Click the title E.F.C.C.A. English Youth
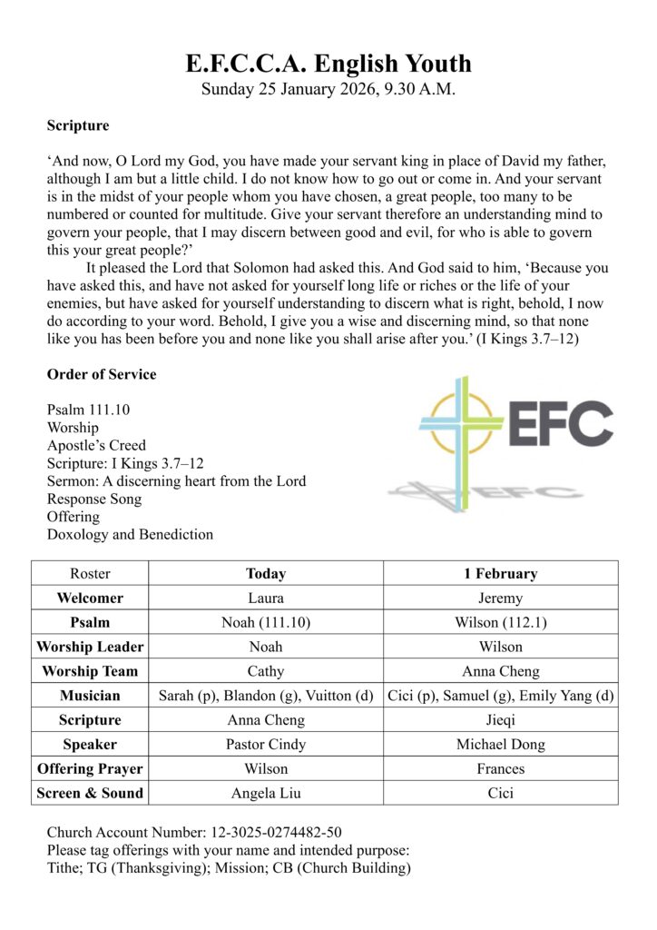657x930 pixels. [x=328, y=64]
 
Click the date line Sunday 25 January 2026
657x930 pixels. [x=328, y=89]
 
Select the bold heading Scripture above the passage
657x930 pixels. [x=78, y=125]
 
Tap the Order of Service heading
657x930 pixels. [x=102, y=374]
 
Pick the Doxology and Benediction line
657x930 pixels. [x=130, y=534]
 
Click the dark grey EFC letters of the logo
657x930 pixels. [x=560, y=423]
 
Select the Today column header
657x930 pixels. [x=265, y=574]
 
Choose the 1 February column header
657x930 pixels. [x=500, y=574]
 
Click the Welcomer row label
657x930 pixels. [x=90, y=599]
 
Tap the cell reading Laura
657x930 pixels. [x=265, y=599]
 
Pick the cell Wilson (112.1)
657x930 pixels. [x=500, y=623]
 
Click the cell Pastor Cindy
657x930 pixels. [x=265, y=744]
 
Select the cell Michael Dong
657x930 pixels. [x=500, y=744]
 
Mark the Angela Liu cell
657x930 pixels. [x=265, y=793]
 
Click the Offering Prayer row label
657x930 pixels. [x=90, y=768]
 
